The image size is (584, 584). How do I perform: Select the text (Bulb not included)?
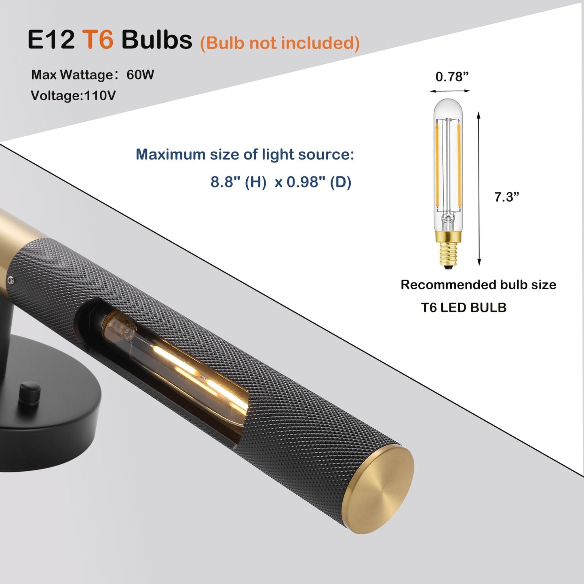click(x=280, y=43)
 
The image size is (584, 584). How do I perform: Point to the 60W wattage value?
click(x=140, y=75)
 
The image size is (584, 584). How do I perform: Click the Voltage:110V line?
click(x=73, y=95)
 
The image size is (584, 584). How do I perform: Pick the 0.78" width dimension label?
click(x=452, y=76)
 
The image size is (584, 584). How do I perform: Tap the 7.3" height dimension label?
click(x=506, y=197)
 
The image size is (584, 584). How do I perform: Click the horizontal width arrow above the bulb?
click(x=450, y=91)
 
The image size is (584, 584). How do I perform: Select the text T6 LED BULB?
click(x=464, y=308)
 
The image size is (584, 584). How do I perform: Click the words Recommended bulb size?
click(x=478, y=285)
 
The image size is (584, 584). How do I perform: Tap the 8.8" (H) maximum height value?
click(x=238, y=182)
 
